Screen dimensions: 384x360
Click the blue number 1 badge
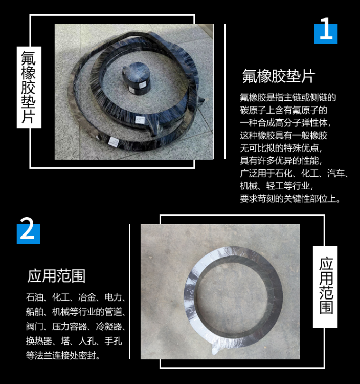coord(325,31)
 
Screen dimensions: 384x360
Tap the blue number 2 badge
coord(28,231)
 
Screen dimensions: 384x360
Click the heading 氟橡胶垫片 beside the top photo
coord(278,76)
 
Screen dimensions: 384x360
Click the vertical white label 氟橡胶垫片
coord(29,87)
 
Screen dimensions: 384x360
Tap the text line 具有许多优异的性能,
coord(282,161)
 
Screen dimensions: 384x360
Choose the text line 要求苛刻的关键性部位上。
coord(290,199)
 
